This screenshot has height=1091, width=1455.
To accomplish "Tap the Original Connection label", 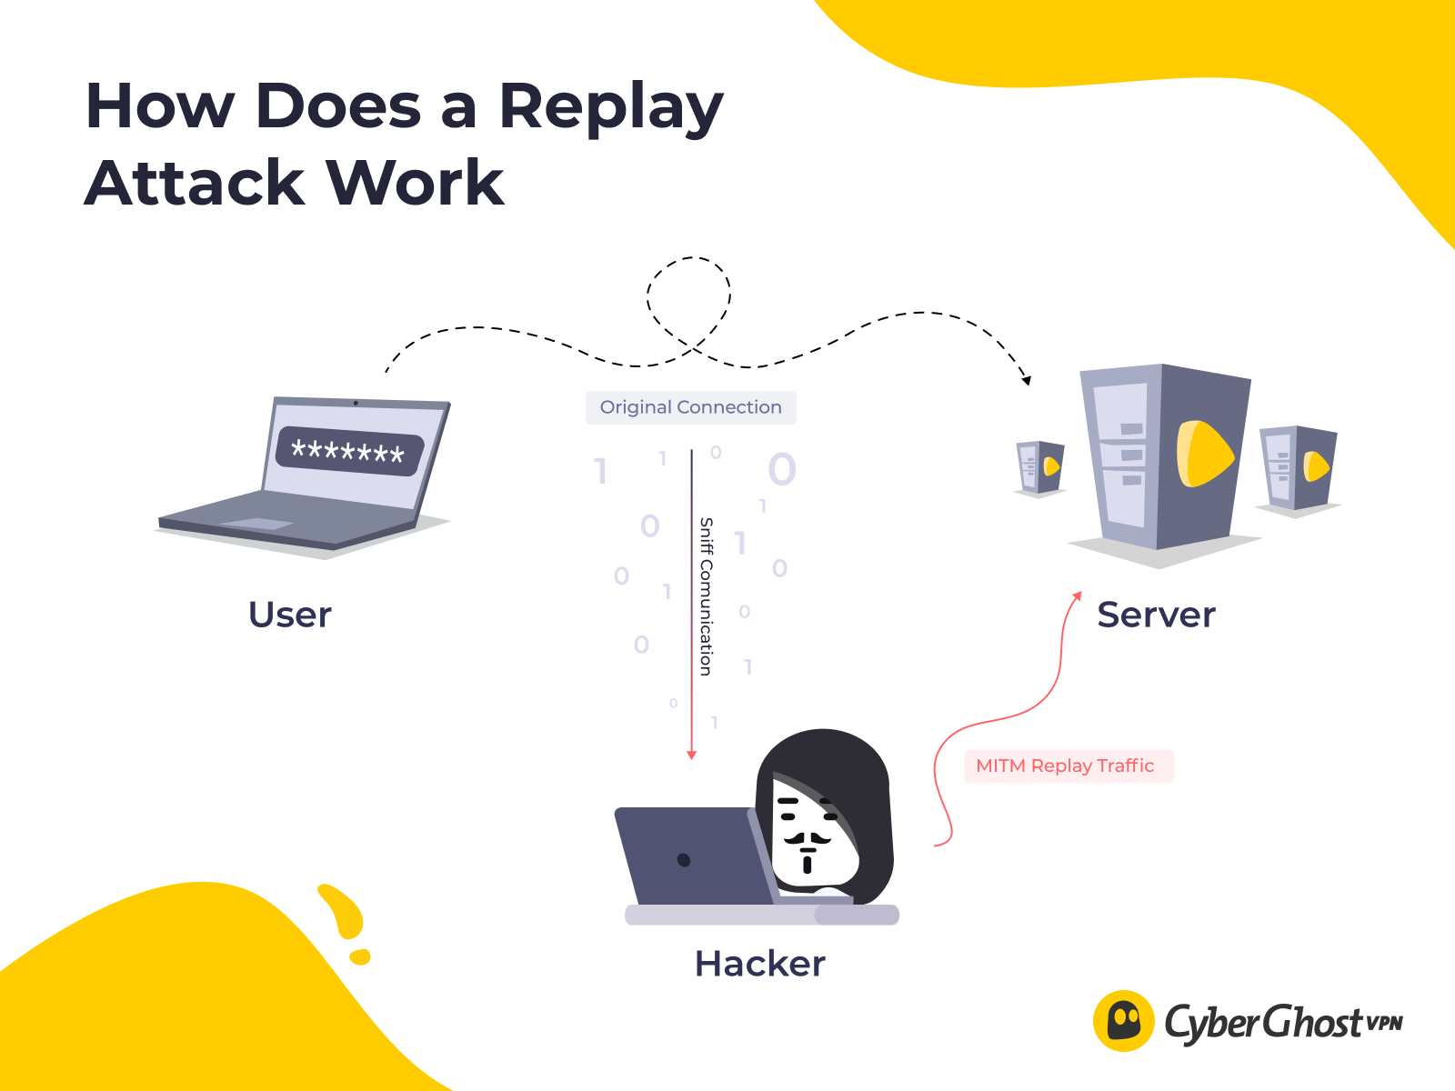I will [x=690, y=407].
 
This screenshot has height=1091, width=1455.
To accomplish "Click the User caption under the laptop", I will [x=290, y=615].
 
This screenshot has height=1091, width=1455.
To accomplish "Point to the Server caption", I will [x=1156, y=615].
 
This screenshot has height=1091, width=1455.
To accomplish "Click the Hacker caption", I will [x=759, y=964].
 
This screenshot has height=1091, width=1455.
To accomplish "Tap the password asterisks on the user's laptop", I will [x=348, y=451].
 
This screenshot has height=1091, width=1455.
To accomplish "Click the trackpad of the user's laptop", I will [x=256, y=524].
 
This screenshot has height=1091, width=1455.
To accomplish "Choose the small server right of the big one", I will [x=1298, y=467].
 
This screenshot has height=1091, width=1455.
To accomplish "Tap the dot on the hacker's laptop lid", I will [x=684, y=860].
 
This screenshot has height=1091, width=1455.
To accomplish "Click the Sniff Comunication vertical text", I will [x=706, y=596].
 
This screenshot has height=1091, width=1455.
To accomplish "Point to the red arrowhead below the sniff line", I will [x=691, y=755].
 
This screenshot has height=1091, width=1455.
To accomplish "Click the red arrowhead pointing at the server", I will [x=1077, y=596].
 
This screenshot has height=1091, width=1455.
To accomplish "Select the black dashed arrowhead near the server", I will [x=1027, y=380].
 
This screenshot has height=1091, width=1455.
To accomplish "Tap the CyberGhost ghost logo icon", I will [x=1124, y=1021].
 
